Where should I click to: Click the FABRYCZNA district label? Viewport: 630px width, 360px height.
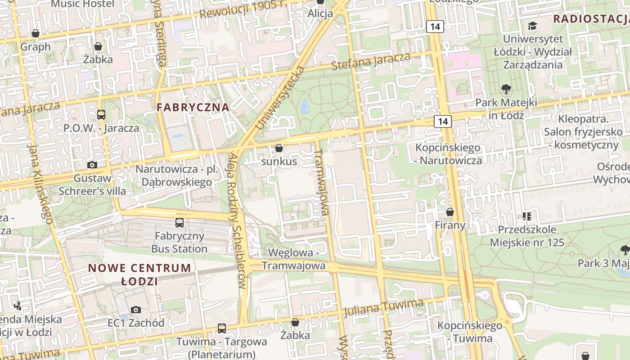[x=193, y=108]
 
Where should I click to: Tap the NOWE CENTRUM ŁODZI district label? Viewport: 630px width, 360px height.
[x=139, y=274]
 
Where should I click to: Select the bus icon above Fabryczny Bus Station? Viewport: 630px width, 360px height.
[x=180, y=222]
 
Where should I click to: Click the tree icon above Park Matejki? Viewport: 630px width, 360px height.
[x=506, y=89]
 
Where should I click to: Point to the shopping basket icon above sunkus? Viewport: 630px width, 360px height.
[x=279, y=148]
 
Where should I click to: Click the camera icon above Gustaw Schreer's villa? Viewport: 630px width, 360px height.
[x=92, y=165]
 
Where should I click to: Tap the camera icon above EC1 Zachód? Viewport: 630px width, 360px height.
[x=135, y=310]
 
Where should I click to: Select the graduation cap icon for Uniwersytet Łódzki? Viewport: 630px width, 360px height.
[x=533, y=26]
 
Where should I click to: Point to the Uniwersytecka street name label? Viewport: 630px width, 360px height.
[x=280, y=98]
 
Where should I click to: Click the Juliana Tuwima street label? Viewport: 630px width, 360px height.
[x=383, y=307]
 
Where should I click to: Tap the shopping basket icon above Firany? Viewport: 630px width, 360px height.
[x=450, y=212]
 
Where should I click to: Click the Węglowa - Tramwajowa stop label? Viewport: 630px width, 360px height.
[x=293, y=259]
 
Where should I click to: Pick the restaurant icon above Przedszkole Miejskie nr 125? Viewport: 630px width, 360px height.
[x=527, y=216]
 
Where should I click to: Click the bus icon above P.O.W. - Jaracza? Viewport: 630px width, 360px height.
[x=101, y=115]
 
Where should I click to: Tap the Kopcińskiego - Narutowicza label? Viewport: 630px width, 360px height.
[x=448, y=154]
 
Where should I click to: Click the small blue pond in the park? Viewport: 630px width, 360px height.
[x=305, y=106]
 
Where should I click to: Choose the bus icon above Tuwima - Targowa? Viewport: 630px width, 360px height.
[x=222, y=328]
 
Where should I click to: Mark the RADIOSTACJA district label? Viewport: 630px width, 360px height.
[x=590, y=19]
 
